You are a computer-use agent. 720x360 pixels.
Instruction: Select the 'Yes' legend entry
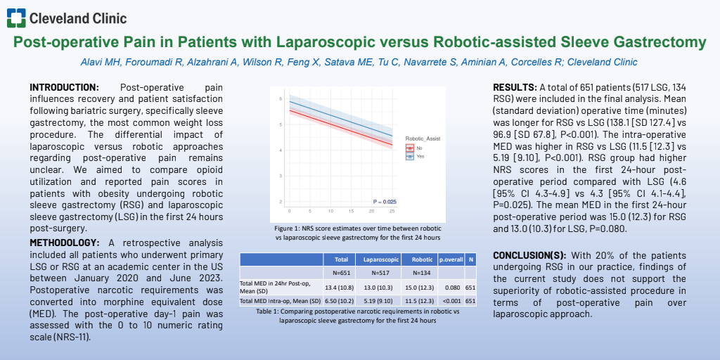[x=420, y=157]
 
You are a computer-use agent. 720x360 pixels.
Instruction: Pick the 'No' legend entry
[x=419, y=148]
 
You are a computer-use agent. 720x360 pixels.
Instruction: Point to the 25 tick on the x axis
[x=392, y=210]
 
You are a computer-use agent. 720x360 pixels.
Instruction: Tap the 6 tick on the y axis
[x=281, y=100]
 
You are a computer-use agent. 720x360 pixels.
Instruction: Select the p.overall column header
[x=451, y=259]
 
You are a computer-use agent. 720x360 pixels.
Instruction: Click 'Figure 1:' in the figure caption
[x=289, y=229]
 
